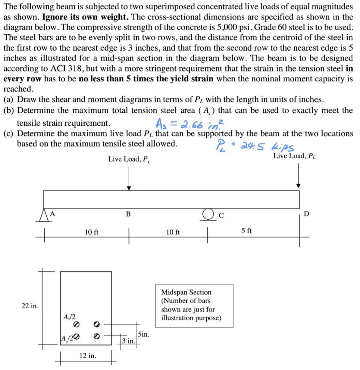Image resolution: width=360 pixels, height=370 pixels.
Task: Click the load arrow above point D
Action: click(x=298, y=175)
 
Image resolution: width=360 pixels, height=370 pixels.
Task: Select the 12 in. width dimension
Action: click(x=88, y=356)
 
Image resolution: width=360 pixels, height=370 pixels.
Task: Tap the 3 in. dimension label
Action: click(x=128, y=341)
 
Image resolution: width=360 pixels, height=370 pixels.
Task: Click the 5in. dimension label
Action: click(x=143, y=334)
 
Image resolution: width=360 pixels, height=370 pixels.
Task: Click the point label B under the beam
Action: click(x=128, y=214)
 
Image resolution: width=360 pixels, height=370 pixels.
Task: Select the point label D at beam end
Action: click(x=306, y=214)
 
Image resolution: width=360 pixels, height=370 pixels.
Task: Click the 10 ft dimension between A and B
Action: click(x=91, y=232)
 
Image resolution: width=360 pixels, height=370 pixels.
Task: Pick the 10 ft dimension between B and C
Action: click(x=173, y=232)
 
